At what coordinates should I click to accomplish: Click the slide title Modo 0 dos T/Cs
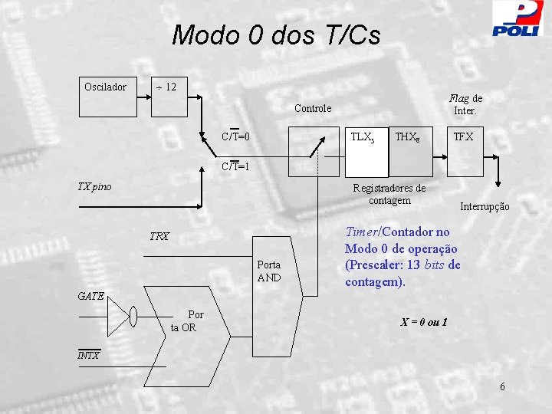pos(276,35)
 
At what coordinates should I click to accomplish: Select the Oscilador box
pos(106,87)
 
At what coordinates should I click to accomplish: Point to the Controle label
pos(313,108)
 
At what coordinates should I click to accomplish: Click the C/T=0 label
pos(235,136)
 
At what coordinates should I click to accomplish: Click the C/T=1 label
pos(235,166)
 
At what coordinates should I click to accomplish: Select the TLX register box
pos(363,139)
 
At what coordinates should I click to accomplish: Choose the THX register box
pos(406,139)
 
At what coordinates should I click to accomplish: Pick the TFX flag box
pos(463,139)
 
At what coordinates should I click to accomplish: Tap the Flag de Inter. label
pos(465,104)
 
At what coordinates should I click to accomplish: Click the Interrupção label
pos(485,207)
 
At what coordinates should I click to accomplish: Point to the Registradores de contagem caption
pos(389,195)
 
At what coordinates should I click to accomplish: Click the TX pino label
pos(95,186)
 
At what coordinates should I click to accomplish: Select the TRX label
pos(159,237)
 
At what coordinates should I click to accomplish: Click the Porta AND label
pos(269,271)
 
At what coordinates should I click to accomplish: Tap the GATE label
pos(91,296)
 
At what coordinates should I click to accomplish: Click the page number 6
pos(502,386)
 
